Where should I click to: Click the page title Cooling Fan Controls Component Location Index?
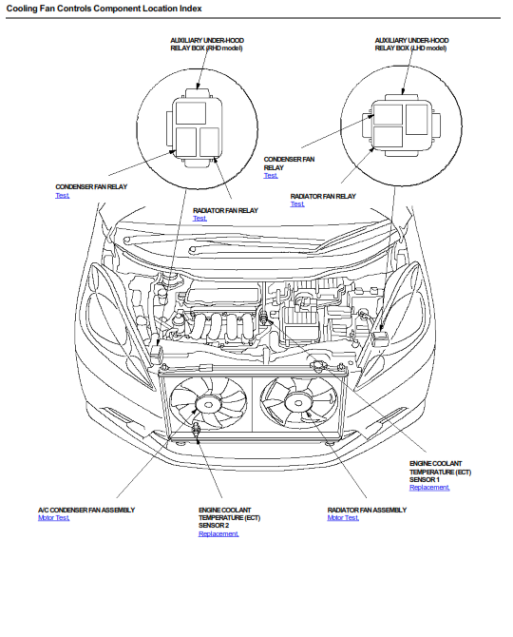click(x=104, y=9)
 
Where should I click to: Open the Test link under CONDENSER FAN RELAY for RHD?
click(x=63, y=196)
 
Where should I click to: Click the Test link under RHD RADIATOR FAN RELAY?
click(x=199, y=218)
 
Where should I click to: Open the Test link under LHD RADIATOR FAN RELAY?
click(x=297, y=204)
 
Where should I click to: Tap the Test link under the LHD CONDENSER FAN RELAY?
click(x=271, y=176)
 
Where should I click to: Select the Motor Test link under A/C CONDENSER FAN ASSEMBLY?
click(x=53, y=517)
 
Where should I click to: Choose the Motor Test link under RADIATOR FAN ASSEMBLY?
click(x=343, y=517)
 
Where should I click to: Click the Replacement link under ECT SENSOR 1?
click(x=429, y=487)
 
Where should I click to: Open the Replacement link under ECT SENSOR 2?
click(x=218, y=533)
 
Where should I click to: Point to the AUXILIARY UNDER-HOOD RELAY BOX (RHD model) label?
click(x=207, y=45)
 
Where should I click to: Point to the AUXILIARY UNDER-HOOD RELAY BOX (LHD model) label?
click(x=411, y=45)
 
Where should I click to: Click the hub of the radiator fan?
click(x=298, y=403)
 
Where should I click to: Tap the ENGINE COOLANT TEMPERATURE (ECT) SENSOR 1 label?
click(x=441, y=472)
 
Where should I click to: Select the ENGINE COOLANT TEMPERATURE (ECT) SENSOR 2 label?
click(x=229, y=517)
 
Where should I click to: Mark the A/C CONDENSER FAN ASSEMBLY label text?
click(x=86, y=510)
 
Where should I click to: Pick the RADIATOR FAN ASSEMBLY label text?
click(x=367, y=510)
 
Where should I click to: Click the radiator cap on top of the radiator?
click(x=318, y=366)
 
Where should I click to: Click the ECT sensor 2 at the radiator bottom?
click(x=198, y=430)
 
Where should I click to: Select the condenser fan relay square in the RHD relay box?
click(x=186, y=143)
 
